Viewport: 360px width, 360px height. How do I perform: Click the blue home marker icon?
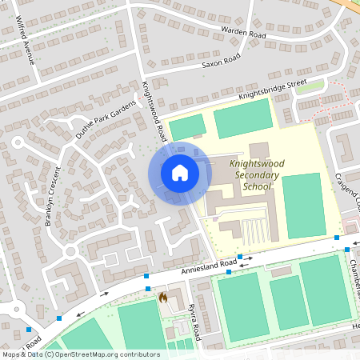point(179,173)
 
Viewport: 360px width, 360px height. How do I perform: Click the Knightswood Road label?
point(153,111)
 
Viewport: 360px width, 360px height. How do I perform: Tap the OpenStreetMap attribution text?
point(80,354)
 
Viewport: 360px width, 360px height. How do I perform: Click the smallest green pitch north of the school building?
point(187,126)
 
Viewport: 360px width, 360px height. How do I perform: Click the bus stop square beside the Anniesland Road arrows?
point(229,272)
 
